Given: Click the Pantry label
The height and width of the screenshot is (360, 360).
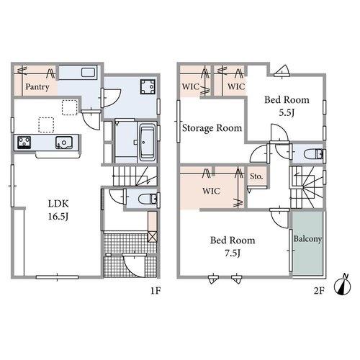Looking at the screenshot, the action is tap(37, 87).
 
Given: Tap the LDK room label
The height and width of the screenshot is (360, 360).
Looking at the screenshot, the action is tap(58, 204).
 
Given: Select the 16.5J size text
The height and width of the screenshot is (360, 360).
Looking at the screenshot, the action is tap(58, 217).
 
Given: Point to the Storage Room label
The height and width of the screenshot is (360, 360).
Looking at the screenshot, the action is tap(212, 128).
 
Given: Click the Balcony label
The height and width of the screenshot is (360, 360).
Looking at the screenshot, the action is tap(307, 239).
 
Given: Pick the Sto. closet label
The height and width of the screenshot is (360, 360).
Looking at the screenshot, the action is tap(256, 176).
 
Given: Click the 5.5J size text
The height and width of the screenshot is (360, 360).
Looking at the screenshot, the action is tap(287, 112).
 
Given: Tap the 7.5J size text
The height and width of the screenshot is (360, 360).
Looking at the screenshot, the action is tap(233, 253).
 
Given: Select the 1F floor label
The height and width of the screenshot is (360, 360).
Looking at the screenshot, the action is tap(156, 291).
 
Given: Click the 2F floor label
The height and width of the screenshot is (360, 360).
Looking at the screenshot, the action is tap(319, 291).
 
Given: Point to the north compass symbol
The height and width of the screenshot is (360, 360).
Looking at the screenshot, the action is tap(343, 285).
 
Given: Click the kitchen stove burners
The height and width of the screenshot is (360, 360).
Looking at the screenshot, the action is tap(24, 143).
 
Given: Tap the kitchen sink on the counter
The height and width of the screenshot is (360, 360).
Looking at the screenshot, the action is tap(64, 143).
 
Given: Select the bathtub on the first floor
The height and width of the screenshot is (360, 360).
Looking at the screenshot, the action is tap(147, 143).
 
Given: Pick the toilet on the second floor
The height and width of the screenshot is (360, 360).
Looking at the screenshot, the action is tap(314, 154).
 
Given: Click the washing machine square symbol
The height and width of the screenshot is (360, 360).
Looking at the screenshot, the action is tap(148, 87).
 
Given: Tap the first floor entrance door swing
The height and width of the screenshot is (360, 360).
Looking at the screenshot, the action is tap(134, 265).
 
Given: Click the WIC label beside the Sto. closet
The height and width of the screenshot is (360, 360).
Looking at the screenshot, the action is tap(211, 191).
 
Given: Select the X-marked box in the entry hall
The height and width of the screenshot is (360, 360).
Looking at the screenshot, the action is tap(152, 237).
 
